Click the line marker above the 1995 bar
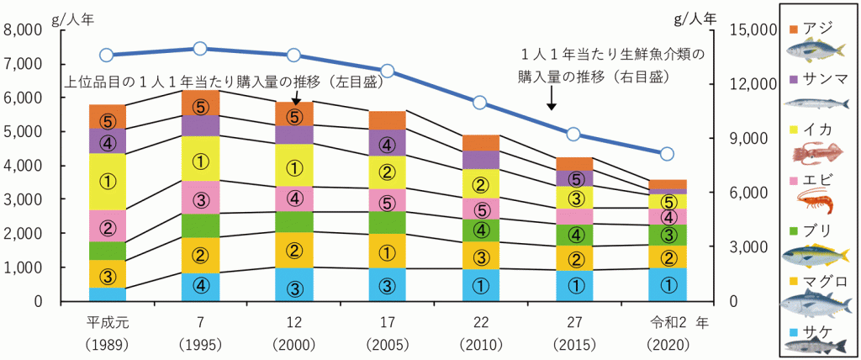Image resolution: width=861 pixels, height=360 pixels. coord(200,48)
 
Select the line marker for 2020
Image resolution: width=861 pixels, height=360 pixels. coord(667,154)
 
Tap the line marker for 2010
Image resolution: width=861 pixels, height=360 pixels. coord(480,103)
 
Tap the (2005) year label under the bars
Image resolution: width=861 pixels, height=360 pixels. coord(387,345)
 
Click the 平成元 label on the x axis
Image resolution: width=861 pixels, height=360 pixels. coord(107,322)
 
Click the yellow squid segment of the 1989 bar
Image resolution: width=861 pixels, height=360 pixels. coord(107,181)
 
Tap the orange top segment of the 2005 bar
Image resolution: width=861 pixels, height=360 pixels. coord(387,119)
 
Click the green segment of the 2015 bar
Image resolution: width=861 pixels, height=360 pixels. coord(573,235)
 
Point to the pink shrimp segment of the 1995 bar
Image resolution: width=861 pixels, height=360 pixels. coord(200,198)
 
